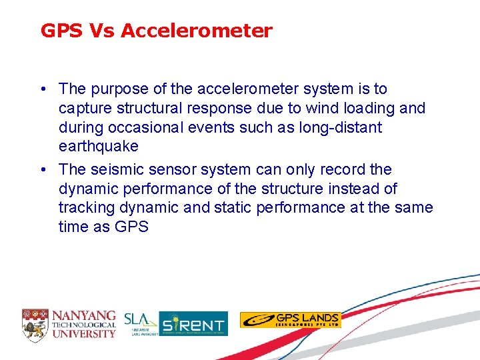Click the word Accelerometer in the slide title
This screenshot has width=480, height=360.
point(197,31)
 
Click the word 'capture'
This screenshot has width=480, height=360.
point(84,109)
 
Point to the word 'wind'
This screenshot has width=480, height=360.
point(320,108)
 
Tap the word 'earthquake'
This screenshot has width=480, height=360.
point(98,147)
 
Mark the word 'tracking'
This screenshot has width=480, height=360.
point(85,208)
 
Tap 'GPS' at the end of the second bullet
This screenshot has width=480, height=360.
point(131,227)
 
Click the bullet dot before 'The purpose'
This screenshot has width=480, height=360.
point(42,89)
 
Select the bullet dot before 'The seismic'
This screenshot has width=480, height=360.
point(42,170)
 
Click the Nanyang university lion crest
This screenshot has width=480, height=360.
point(35,323)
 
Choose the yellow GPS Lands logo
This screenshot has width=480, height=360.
point(290,320)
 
